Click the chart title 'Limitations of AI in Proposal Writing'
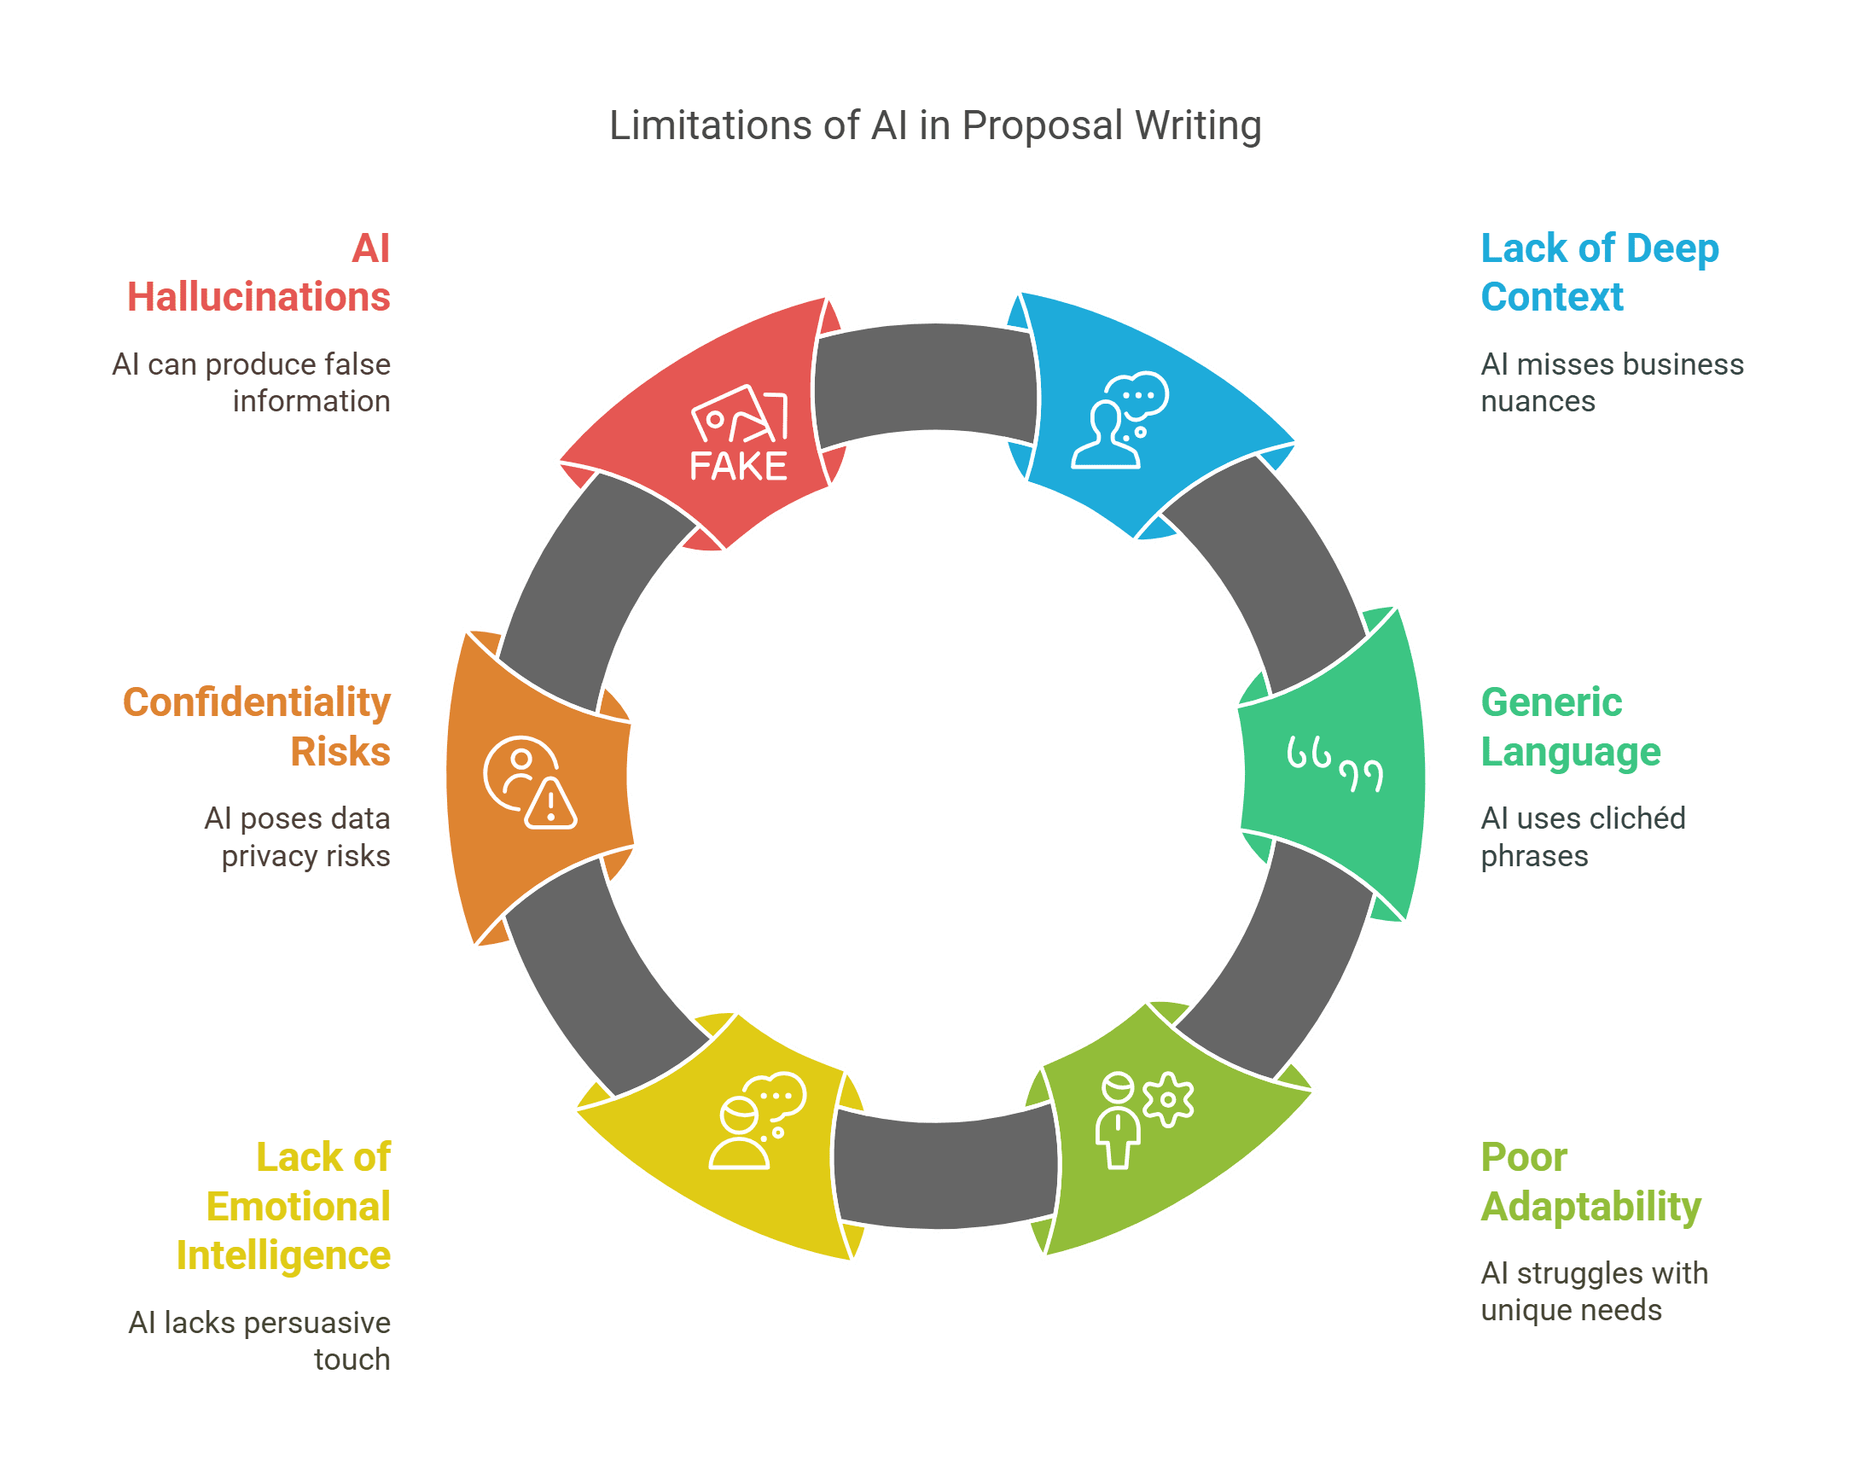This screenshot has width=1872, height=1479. tap(935, 125)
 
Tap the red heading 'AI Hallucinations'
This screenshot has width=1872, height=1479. tap(259, 272)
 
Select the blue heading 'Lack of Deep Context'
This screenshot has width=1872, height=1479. tap(1599, 272)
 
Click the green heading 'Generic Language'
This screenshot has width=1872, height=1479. tap(1571, 726)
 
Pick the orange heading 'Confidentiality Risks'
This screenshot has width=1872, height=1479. tap(256, 726)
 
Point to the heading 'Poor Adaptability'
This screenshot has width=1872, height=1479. tap(1590, 1182)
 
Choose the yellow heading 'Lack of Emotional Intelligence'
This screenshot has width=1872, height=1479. tap(283, 1206)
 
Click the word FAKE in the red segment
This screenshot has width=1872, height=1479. tap(738, 466)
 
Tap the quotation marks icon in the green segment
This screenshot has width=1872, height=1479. tap(1334, 764)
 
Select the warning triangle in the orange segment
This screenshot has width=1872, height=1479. tap(550, 805)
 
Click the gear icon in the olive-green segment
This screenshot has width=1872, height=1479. tap(1168, 1100)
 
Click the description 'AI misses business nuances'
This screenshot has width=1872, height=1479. tap(1613, 382)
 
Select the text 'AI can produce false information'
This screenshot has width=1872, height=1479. tap(251, 382)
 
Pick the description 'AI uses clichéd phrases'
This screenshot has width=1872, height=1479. tap(1583, 837)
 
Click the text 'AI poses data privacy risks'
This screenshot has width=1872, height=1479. tap(297, 837)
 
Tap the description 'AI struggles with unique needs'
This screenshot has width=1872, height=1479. tap(1594, 1291)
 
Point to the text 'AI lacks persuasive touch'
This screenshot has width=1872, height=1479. tap(259, 1341)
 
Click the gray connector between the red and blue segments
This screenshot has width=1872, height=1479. tap(926, 377)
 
